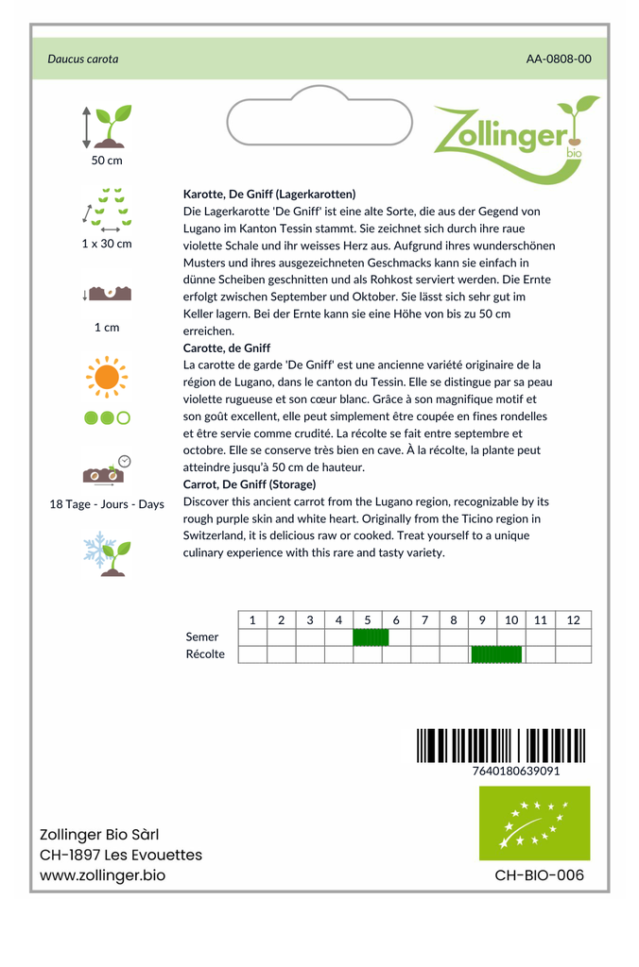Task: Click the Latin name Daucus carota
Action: [x=83, y=59]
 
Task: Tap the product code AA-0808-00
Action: [x=559, y=59]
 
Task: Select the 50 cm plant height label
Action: [x=107, y=161]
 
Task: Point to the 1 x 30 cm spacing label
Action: [x=107, y=244]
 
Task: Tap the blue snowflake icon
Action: [x=98, y=549]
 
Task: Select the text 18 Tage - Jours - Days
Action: [x=107, y=504]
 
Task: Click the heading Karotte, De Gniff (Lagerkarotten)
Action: [x=269, y=194]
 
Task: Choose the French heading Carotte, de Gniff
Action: [x=227, y=348]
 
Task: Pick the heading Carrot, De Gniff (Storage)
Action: [x=250, y=484]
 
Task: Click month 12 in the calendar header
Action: [x=573, y=620]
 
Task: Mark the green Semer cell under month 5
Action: [x=371, y=637]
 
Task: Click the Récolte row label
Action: [x=205, y=654]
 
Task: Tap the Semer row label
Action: [x=202, y=637]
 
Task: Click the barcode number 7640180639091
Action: [x=515, y=771]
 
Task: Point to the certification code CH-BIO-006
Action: [x=539, y=875]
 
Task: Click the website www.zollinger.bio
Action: [x=102, y=876]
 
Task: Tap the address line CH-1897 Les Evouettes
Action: [x=121, y=856]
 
